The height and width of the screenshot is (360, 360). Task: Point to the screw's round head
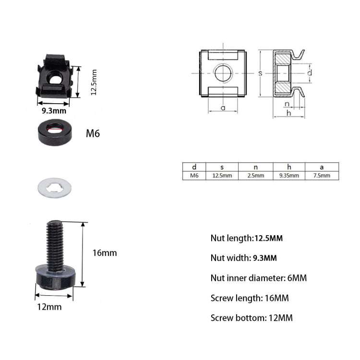point(56,278)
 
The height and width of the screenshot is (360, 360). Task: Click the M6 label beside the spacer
point(93,133)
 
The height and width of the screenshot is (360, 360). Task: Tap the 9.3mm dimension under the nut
point(54,111)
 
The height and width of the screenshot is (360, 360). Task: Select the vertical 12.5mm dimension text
point(94,82)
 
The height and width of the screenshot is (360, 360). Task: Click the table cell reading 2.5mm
point(255,176)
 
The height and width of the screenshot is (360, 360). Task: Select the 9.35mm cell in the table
point(289,176)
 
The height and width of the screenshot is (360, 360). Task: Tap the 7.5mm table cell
point(322,176)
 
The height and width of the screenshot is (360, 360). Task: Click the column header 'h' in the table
point(289,167)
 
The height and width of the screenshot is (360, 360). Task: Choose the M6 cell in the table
point(194,176)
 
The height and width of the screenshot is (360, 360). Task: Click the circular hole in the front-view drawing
point(223,73)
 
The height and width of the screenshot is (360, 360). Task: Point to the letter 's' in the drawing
point(260,73)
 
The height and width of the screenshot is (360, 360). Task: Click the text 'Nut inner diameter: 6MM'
point(258,278)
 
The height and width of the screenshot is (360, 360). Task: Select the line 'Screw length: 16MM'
point(250,298)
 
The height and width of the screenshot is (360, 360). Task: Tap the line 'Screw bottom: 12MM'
point(252,318)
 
